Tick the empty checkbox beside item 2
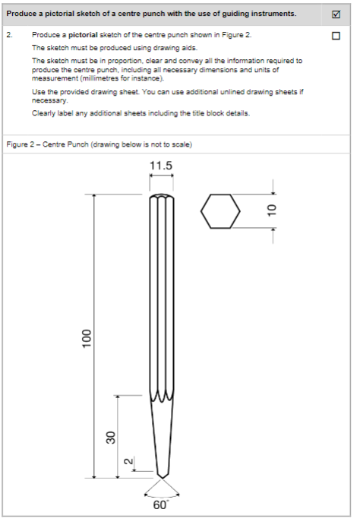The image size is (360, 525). tap(336, 36)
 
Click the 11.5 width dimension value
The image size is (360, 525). tap(161, 166)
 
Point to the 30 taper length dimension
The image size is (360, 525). tap(110, 436)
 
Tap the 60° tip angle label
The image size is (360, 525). tap(161, 505)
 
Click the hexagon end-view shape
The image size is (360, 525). tap(220, 210)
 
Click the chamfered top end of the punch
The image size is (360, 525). tap(161, 197)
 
